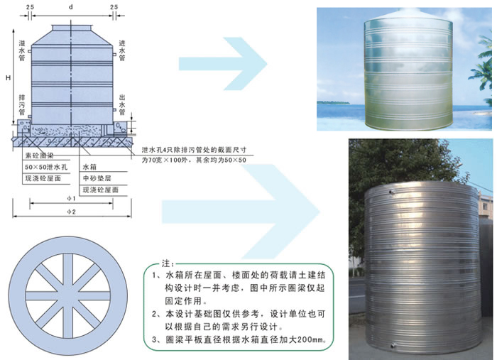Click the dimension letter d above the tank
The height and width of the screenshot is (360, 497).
[x=71, y=7]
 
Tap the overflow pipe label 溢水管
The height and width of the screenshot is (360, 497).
[x=22, y=52]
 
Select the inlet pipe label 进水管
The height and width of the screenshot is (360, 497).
[x=122, y=52]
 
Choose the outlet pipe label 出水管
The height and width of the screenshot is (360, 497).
[x=122, y=105]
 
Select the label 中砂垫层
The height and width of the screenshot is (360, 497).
[x=98, y=178]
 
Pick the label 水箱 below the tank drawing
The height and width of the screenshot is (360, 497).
[x=90, y=166]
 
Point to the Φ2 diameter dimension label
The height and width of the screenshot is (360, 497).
[x=72, y=212]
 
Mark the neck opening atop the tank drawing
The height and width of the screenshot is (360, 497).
[x=71, y=26]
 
